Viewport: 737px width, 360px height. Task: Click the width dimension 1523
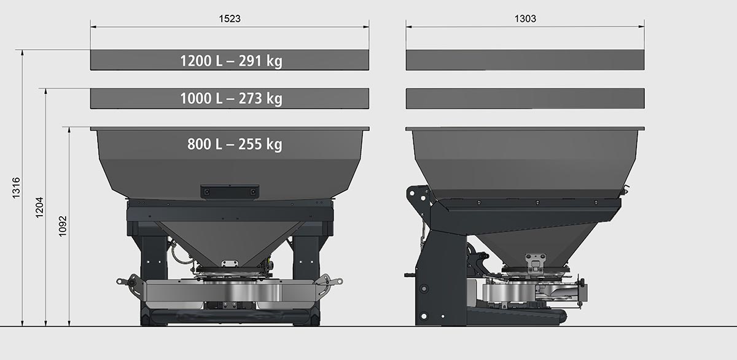230,18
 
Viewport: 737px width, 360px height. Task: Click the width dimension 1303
525,18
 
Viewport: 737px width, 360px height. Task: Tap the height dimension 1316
16,188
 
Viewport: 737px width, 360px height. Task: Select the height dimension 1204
39,208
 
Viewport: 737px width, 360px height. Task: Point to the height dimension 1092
63,226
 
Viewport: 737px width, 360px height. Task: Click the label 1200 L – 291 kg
232,61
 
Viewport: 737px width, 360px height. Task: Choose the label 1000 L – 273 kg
232,98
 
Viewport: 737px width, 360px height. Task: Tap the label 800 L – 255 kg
235,144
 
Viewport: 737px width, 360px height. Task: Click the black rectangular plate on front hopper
230,192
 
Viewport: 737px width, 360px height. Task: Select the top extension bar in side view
525,60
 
